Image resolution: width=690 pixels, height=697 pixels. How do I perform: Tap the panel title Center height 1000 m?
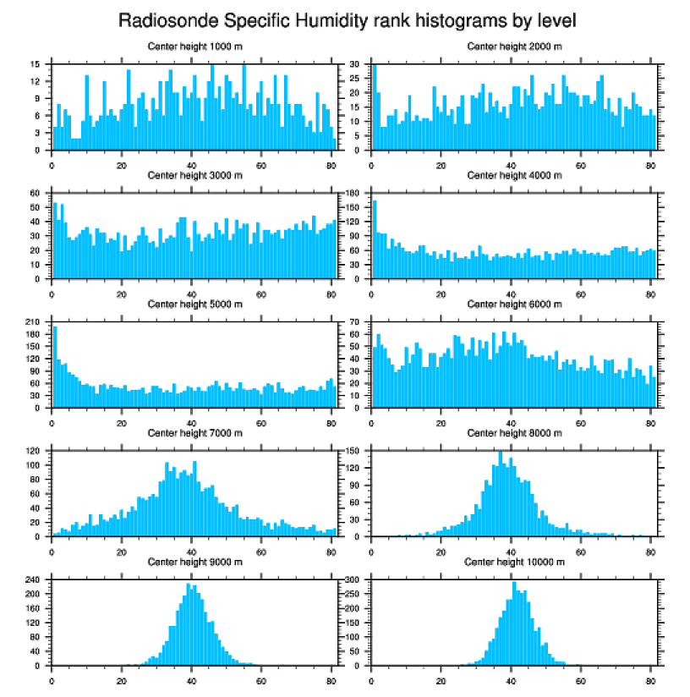pyautogui.click(x=194, y=47)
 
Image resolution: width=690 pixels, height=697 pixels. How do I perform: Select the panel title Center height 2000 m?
pyautogui.click(x=514, y=47)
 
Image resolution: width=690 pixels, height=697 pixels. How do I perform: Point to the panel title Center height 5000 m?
pyautogui.click(x=194, y=305)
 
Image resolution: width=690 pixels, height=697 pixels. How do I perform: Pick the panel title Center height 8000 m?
pyautogui.click(x=514, y=433)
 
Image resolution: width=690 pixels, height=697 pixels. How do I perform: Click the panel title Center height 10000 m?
pyautogui.click(x=514, y=563)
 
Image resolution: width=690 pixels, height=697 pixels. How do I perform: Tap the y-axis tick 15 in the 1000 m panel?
pyautogui.click(x=36, y=64)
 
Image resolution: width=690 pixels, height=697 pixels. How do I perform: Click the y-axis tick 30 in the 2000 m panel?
pyautogui.click(x=356, y=64)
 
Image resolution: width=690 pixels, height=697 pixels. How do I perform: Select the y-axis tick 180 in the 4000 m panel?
pyautogui.click(x=354, y=193)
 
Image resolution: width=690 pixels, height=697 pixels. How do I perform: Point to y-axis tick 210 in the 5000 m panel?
pyautogui.click(x=35, y=322)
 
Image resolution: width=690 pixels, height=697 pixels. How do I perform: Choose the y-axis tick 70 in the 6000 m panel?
pyautogui.click(x=356, y=322)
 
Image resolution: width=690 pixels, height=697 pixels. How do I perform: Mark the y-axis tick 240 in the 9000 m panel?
pyautogui.click(x=35, y=580)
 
